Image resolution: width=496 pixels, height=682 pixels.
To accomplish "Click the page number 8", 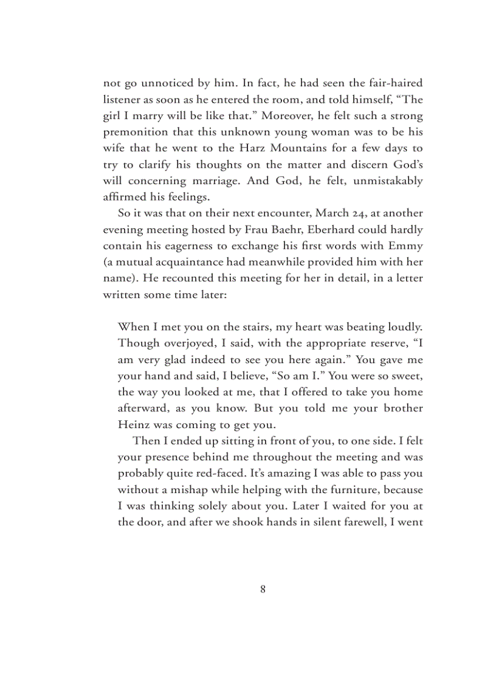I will [x=263, y=588].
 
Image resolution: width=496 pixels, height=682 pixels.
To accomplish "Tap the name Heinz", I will [x=133, y=425].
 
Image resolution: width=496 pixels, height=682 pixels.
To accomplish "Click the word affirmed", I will [x=125, y=197].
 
